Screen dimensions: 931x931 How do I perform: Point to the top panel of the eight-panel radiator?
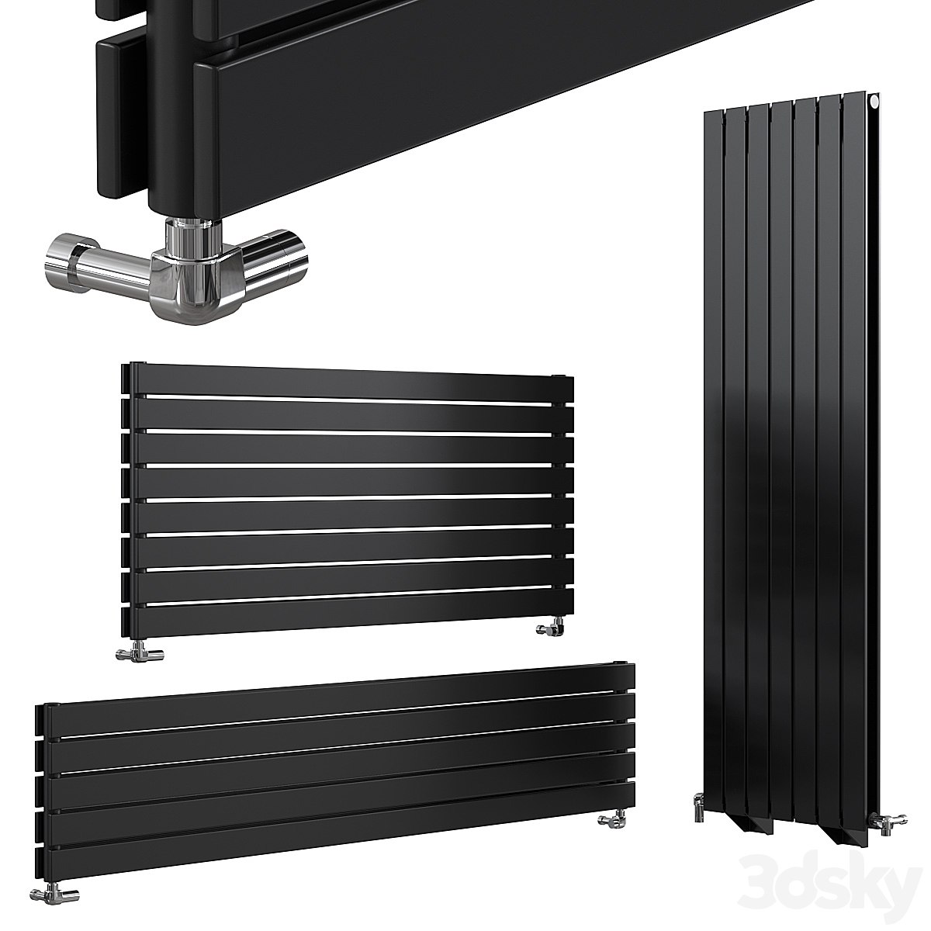349,382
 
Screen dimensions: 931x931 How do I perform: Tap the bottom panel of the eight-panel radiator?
349,617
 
